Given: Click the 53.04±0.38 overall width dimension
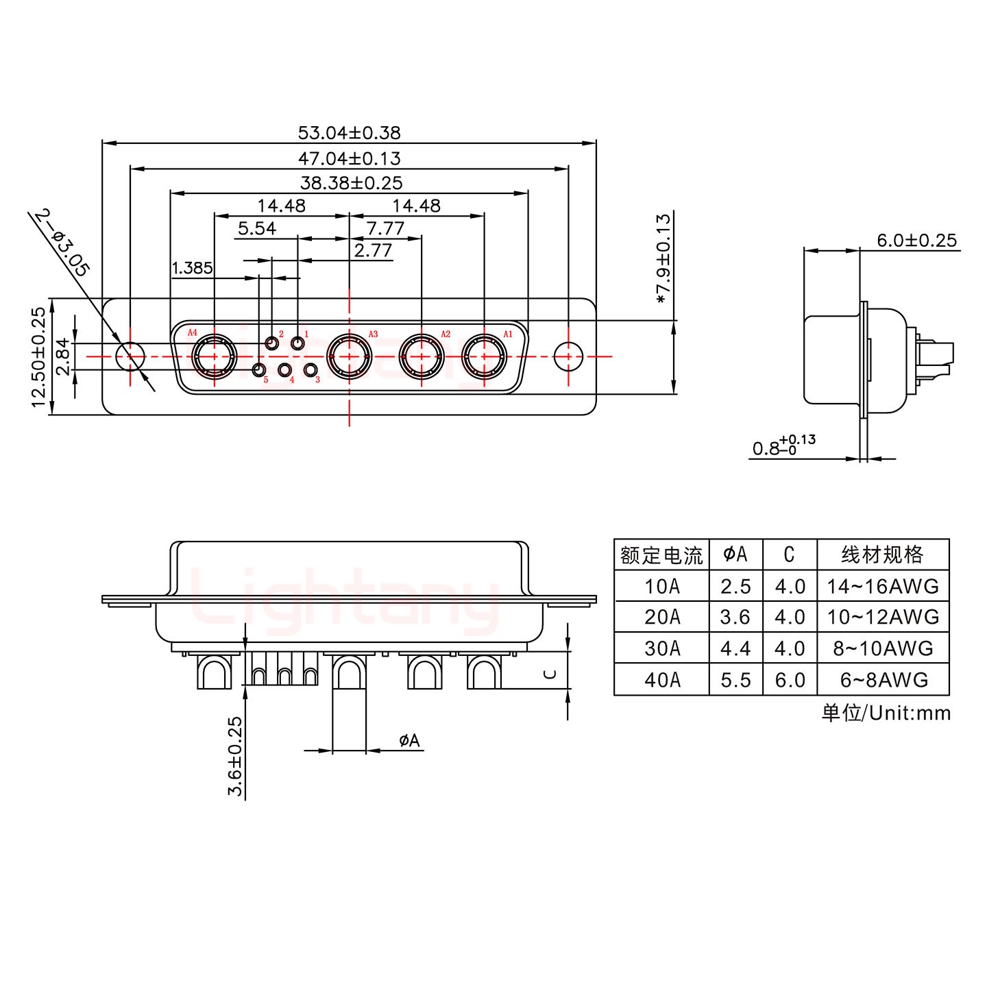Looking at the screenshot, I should click(349, 132).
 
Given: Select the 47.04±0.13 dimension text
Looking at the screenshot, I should click(349, 158).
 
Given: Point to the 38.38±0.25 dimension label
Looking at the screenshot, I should click(351, 183).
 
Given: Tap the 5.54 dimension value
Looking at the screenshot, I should click(256, 228).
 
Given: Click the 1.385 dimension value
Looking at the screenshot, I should click(192, 267).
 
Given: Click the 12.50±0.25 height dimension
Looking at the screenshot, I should click(39, 356).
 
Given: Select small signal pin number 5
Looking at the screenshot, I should click(259, 371).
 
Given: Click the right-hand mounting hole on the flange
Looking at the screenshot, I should click(568, 356).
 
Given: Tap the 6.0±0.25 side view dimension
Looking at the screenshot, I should click(916, 241).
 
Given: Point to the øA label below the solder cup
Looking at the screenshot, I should click(409, 740).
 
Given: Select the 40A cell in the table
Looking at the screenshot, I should click(661, 680).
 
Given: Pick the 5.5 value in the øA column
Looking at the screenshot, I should click(735, 680).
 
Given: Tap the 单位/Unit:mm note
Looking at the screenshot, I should click(886, 714).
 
